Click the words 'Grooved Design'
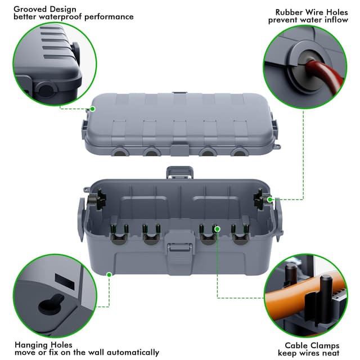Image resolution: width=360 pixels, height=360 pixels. coord(45,9)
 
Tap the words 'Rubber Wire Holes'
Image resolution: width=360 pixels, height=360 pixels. coord(312,11)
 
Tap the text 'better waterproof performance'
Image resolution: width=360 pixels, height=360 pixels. coord(73,17)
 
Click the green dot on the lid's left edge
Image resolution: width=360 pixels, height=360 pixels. coord(93,109)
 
